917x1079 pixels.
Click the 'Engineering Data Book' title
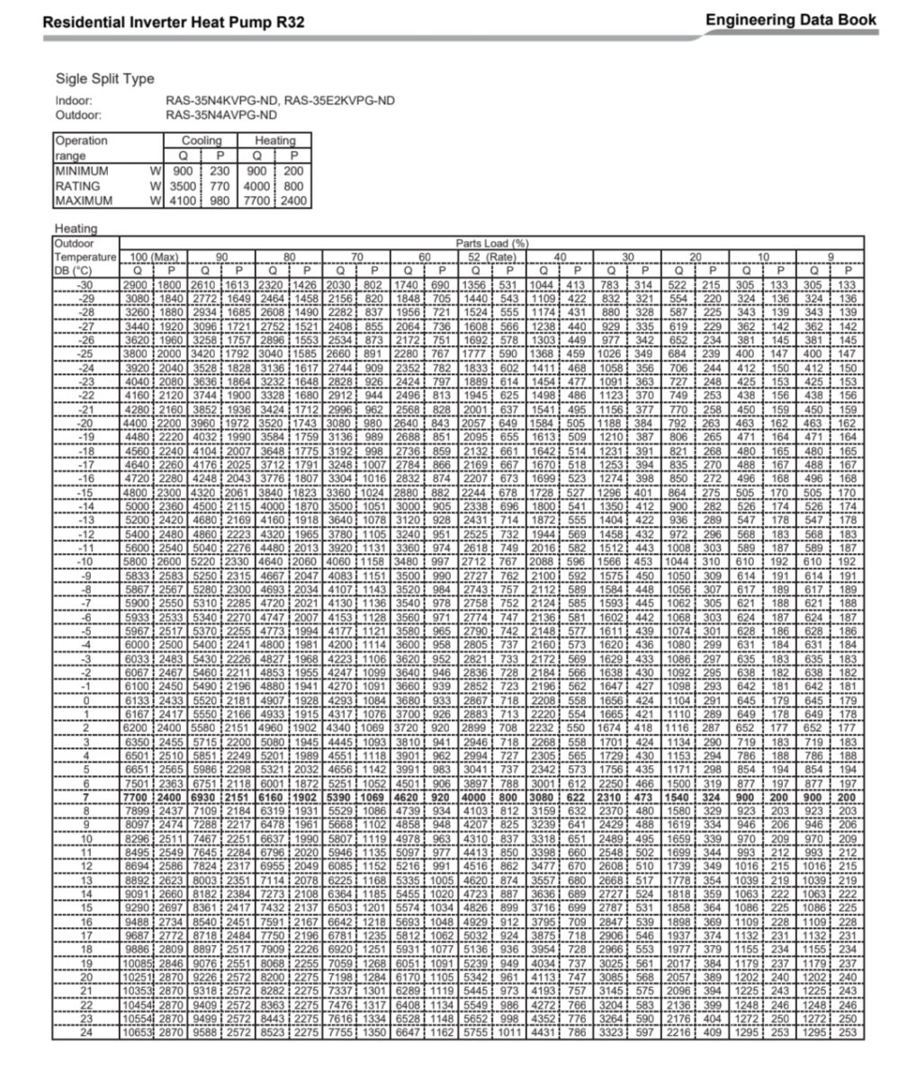(x=789, y=19)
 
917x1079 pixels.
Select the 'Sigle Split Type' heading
(x=104, y=79)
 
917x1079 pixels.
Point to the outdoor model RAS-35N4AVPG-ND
(x=220, y=115)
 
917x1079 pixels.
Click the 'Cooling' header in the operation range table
(x=202, y=140)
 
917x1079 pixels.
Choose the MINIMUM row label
(x=82, y=171)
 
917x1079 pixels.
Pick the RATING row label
(x=76, y=186)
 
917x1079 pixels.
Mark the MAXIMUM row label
(x=84, y=201)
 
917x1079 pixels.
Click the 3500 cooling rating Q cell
(x=183, y=186)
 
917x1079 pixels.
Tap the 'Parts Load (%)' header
(x=491, y=244)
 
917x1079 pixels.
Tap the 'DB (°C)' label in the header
(x=74, y=269)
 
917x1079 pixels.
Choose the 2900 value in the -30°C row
(x=139, y=284)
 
